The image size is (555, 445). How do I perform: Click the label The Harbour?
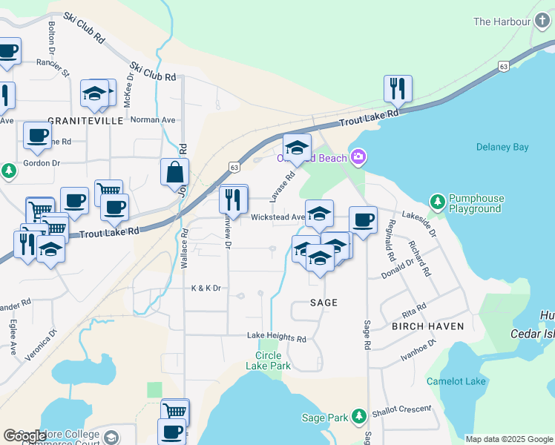click(501, 22)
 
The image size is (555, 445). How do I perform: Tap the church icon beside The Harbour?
click(537, 22)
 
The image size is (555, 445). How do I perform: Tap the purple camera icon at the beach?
click(358, 157)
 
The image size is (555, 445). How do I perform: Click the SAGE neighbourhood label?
click(324, 303)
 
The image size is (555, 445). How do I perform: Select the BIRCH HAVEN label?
click(427, 326)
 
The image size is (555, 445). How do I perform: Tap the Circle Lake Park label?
click(268, 360)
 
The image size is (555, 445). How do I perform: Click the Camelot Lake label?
click(456, 381)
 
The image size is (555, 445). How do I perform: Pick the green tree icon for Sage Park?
click(359, 417)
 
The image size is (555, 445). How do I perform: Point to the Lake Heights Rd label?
click(277, 337)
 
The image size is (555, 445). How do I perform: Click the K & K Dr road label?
click(206, 288)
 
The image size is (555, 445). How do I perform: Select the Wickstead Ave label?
click(277, 217)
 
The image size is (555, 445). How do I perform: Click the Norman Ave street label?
click(153, 119)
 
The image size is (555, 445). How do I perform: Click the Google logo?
click(24, 436)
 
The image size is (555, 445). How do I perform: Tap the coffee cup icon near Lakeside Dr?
click(363, 220)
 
